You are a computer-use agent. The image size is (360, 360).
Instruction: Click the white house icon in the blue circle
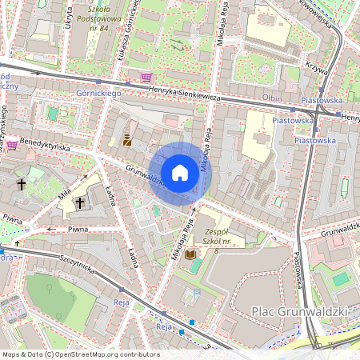pyautogui.click(x=180, y=173)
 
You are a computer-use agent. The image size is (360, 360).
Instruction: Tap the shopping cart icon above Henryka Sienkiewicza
pyautogui.click(x=146, y=78)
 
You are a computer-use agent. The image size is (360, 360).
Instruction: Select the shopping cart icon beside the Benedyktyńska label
pyautogui.click(x=13, y=146)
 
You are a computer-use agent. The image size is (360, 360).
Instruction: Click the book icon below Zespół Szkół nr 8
pyautogui.click(x=190, y=254)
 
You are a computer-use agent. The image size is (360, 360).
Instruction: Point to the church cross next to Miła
pyautogui.click(x=80, y=203)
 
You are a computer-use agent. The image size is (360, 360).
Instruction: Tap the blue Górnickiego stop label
pyautogui.click(x=98, y=94)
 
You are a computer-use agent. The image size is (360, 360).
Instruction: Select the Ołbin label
pyautogui.click(x=272, y=97)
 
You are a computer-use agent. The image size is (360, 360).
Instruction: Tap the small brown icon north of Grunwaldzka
pyautogui.click(x=126, y=142)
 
